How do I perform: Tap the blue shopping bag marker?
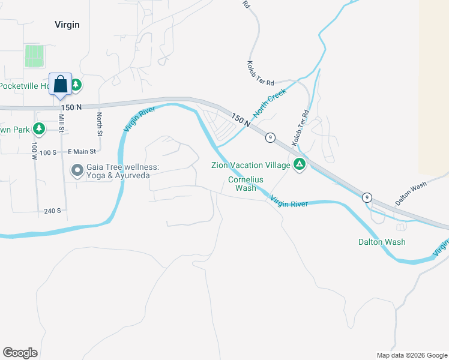(x=60, y=85)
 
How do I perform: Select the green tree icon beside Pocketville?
(x=76, y=86)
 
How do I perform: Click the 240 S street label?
(x=52, y=211)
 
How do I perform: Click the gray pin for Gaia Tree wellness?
(x=77, y=171)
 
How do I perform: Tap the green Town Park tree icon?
(x=39, y=129)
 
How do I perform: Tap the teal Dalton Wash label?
(x=382, y=242)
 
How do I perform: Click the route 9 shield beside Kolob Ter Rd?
(x=271, y=137)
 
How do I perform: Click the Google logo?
(x=20, y=353)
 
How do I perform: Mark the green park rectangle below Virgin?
(x=34, y=56)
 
